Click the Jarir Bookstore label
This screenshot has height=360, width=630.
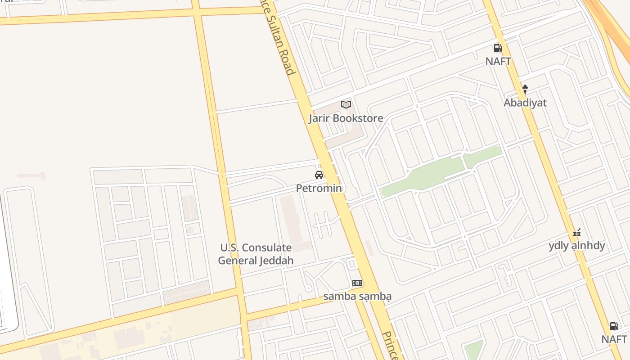pyautogui.click(x=346, y=118)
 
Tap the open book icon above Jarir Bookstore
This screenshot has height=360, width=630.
pyautogui.click(x=346, y=105)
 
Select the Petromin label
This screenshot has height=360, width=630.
pyautogui.click(x=319, y=188)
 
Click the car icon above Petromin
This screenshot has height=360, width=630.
pyautogui.click(x=319, y=175)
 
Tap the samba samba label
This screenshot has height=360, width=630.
pyautogui.click(x=357, y=296)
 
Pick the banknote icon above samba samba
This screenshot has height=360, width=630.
pyautogui.click(x=357, y=283)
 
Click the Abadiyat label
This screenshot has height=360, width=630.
pyautogui.click(x=525, y=103)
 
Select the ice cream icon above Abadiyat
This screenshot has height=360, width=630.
pyautogui.click(x=525, y=90)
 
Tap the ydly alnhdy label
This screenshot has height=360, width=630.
pyautogui.click(x=577, y=246)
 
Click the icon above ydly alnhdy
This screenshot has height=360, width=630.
pyautogui.click(x=577, y=233)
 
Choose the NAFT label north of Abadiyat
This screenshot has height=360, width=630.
pyautogui.click(x=498, y=61)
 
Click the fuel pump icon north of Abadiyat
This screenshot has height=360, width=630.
pyautogui.click(x=498, y=48)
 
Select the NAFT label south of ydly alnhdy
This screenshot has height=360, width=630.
pyautogui.click(x=614, y=339)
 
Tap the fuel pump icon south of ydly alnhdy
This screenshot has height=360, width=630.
pyautogui.click(x=614, y=326)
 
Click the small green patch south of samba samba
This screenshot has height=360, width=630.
pyautogui.click(x=473, y=350)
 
